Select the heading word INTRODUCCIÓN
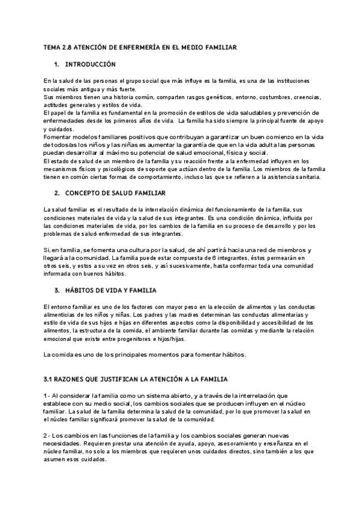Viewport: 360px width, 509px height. point(91,64)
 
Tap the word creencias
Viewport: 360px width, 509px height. point(306,96)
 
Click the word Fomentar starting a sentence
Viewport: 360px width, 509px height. point(59,137)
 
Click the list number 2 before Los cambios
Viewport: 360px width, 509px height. point(46,436)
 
